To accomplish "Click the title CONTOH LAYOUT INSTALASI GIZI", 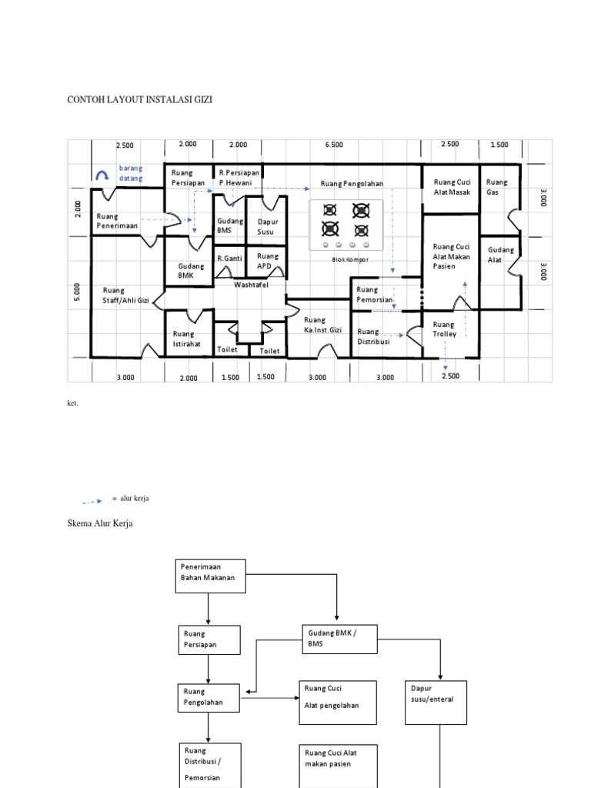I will point(140,100).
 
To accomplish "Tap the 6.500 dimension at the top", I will point(334,145).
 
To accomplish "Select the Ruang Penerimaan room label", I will point(117,222).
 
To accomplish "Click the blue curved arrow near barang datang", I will point(102,176).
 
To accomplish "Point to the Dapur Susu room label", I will point(266,226).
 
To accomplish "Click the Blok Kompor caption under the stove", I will point(350,259).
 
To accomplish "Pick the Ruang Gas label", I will point(497,187).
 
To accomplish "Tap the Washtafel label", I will point(251,284).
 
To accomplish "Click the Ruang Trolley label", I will point(445,329).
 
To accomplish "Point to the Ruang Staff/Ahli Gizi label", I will point(125,295).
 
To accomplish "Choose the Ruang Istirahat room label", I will point(186,339).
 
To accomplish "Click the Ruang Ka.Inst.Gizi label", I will point(321,325).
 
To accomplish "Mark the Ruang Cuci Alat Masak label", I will point(452,187).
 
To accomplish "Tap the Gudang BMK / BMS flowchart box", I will point(338,638).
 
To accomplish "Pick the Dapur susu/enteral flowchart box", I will point(436,702).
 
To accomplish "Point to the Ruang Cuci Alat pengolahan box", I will point(337,702).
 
